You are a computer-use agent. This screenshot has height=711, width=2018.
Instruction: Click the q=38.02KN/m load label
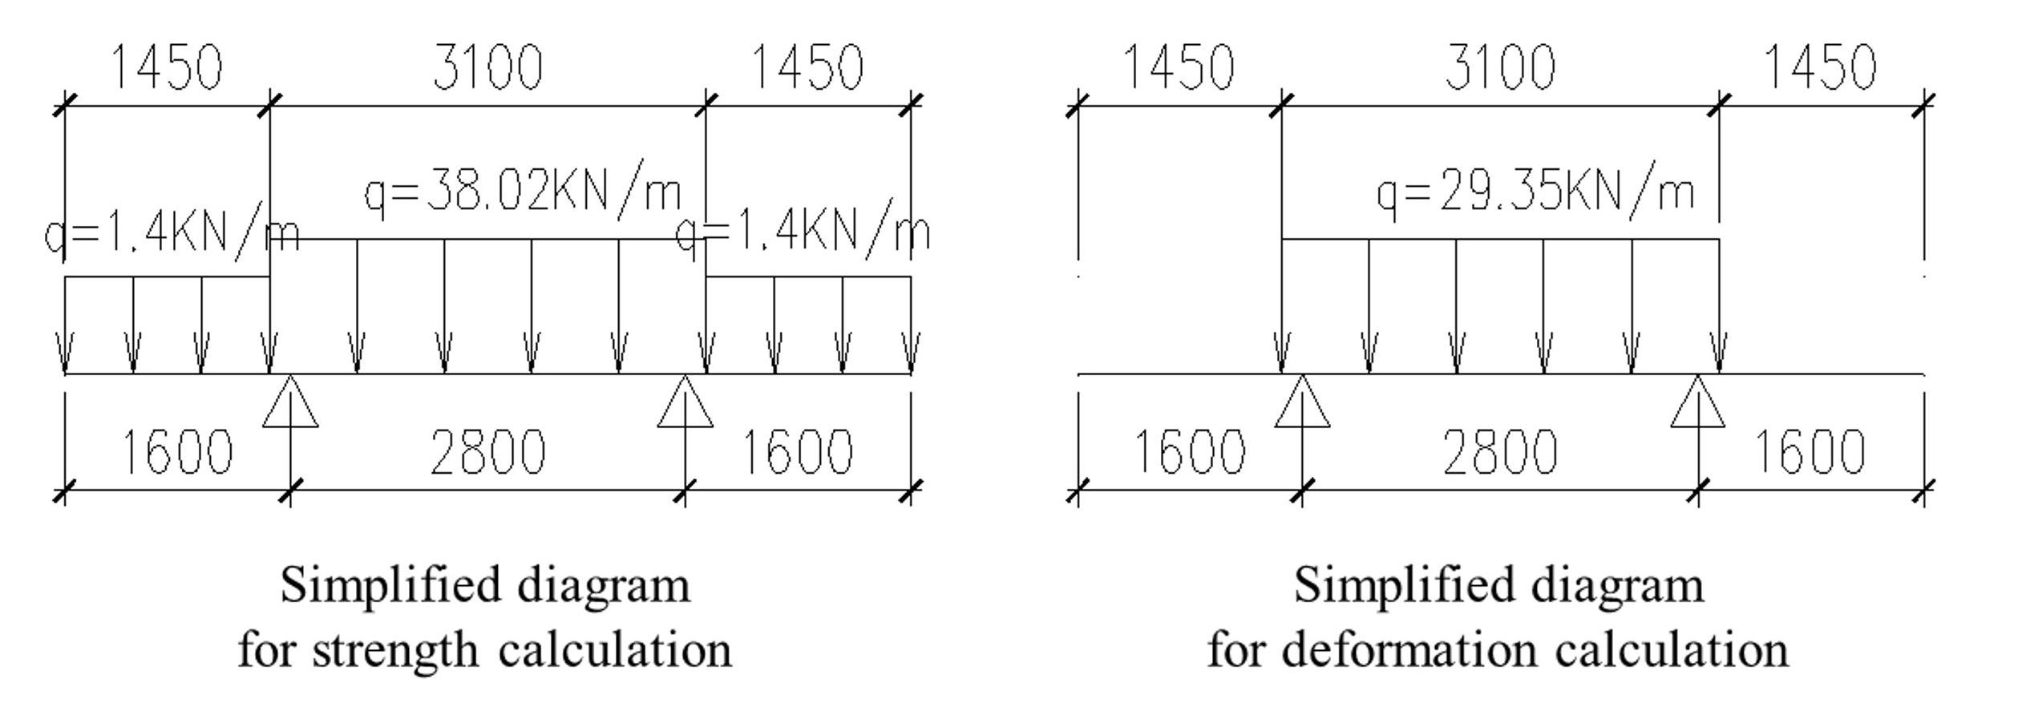pyautogui.click(x=523, y=192)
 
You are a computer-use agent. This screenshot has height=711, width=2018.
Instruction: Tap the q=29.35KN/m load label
pyautogui.click(x=1535, y=192)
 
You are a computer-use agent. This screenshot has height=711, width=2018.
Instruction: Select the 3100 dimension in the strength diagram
pyautogui.click(x=487, y=67)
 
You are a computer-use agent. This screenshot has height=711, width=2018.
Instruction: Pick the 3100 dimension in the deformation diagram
pyautogui.click(x=1499, y=67)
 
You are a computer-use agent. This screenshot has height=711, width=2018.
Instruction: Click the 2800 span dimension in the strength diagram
pyautogui.click(x=487, y=452)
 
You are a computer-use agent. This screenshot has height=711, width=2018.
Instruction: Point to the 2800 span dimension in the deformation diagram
pyautogui.click(x=1499, y=452)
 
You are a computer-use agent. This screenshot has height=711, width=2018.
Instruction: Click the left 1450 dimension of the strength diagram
pyautogui.click(x=167, y=67)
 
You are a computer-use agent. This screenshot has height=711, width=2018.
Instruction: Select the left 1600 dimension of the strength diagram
pyautogui.click(x=176, y=452)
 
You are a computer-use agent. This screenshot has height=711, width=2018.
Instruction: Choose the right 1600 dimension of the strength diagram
pyautogui.click(x=797, y=452)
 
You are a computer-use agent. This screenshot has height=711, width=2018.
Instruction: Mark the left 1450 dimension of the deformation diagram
pyautogui.click(x=1179, y=67)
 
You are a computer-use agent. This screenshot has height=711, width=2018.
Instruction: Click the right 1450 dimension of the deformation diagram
pyautogui.click(x=1821, y=67)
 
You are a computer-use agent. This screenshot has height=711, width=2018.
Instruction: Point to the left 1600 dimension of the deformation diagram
pyautogui.click(x=1189, y=452)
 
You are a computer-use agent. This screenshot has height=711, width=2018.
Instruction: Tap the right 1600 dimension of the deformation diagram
pyautogui.click(x=1810, y=452)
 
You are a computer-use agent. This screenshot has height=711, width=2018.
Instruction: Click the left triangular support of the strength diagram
pyautogui.click(x=290, y=405)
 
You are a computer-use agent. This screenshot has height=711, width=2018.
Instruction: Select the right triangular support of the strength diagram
pyautogui.click(x=685, y=405)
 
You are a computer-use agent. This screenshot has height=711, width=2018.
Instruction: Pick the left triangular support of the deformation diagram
pyautogui.click(x=1302, y=405)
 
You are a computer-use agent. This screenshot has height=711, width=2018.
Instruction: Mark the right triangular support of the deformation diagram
pyautogui.click(x=1698, y=405)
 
